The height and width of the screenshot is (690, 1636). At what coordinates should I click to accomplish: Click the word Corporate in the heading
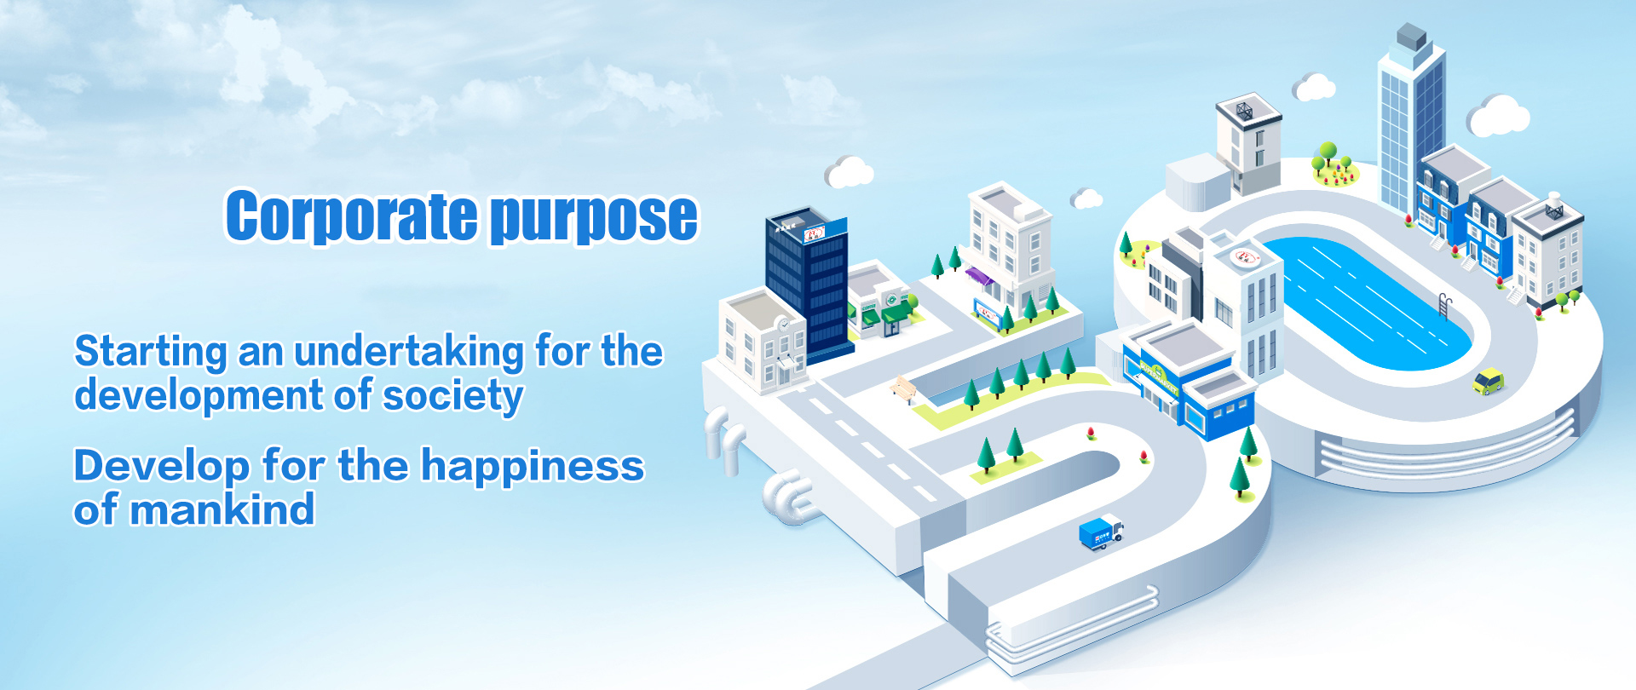(351, 216)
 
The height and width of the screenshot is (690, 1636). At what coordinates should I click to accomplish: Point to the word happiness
(533, 467)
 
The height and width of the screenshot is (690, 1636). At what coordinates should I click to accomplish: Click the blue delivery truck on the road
(1101, 532)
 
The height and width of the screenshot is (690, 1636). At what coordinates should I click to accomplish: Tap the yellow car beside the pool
(1489, 380)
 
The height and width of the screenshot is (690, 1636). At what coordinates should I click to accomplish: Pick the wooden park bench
(903, 389)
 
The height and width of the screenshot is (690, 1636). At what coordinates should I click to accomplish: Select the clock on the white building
(784, 323)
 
